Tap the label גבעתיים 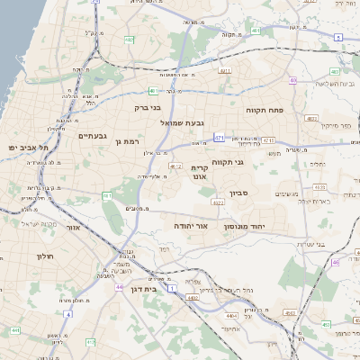[93, 136]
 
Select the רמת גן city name [130, 141]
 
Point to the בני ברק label [147, 108]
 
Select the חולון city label [45, 256]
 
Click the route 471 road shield [220, 138]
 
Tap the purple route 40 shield [293, 81]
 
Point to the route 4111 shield [224, 70]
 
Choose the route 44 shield [119, 287]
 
